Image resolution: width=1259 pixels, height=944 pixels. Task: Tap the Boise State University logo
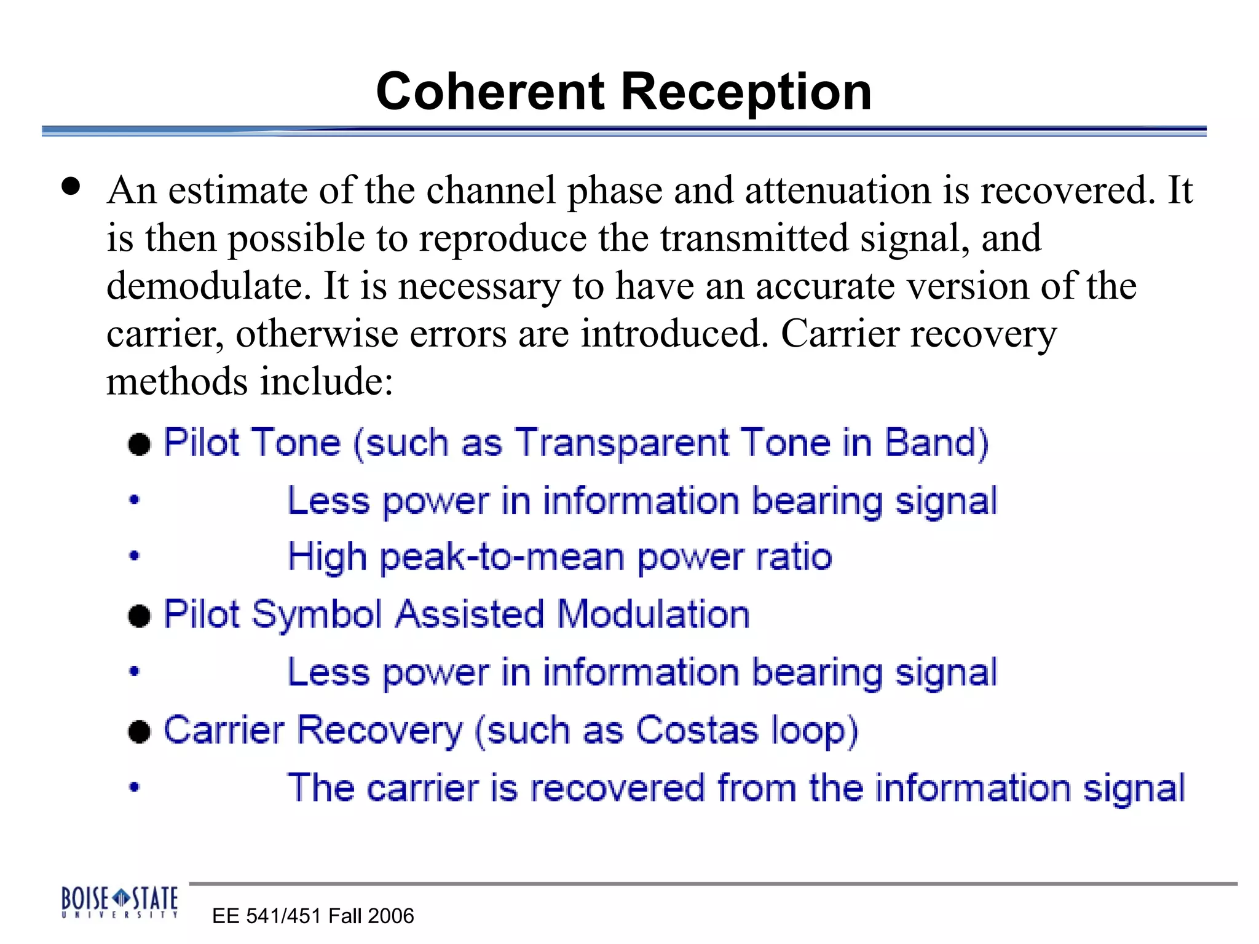119,902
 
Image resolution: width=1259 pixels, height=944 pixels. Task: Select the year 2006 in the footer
392,916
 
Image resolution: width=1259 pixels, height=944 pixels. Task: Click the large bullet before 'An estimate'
71,186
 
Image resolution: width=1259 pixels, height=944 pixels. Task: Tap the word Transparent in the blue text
621,442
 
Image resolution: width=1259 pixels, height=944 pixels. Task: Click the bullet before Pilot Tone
140,444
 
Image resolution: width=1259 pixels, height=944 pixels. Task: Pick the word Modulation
653,614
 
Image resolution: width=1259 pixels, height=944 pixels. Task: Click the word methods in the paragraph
177,382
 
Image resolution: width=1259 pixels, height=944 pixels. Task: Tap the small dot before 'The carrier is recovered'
135,787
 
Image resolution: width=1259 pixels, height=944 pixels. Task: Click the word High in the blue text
328,557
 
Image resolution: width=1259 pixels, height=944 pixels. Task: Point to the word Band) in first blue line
936,442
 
